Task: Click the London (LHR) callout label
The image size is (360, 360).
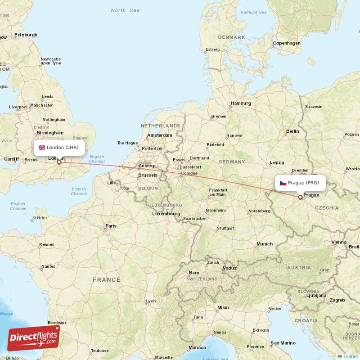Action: (59, 147)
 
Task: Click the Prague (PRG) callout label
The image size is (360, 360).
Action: (300, 183)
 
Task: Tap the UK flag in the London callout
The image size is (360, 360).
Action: (42, 148)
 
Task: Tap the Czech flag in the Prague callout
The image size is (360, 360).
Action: (283, 183)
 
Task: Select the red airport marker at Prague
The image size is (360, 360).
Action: (300, 197)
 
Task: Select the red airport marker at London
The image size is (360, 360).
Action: (58, 162)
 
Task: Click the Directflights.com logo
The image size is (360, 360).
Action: (34, 338)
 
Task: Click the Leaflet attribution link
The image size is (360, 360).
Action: (350, 356)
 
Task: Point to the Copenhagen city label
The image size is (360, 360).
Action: (286, 43)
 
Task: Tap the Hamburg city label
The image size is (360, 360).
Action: (241, 103)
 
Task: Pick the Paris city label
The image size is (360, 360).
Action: (111, 226)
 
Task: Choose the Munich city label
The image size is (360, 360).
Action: (264, 244)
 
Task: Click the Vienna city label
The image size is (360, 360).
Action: (339, 242)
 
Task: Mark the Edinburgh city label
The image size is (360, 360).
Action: (26, 35)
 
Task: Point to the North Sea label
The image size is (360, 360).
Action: (125, 10)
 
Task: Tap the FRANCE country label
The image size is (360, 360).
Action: (107, 279)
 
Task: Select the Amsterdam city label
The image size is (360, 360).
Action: (159, 135)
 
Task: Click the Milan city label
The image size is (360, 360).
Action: (223, 308)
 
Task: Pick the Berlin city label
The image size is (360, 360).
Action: (292, 131)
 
